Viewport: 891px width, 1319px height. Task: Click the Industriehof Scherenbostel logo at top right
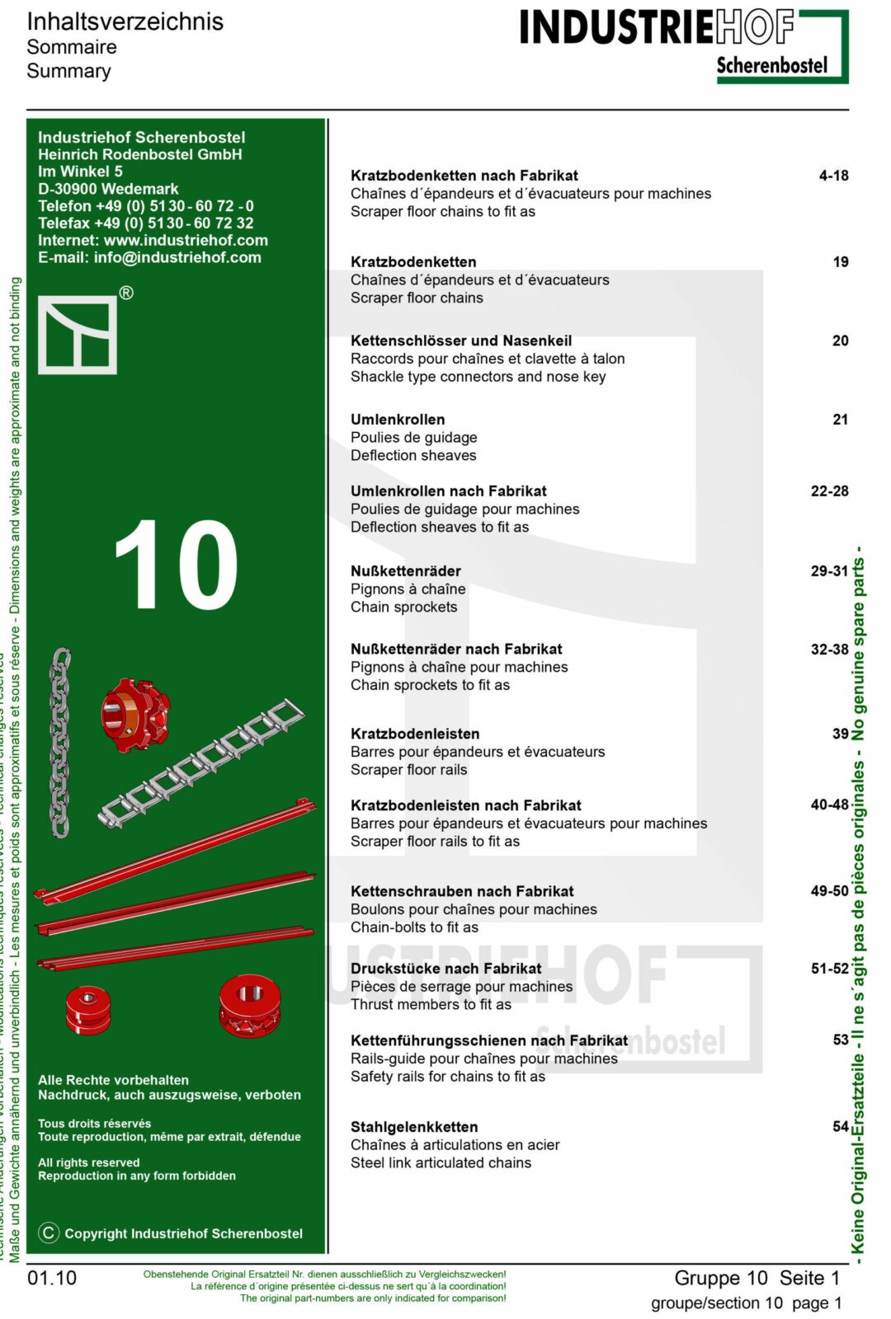683,45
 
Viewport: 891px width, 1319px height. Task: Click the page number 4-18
833,176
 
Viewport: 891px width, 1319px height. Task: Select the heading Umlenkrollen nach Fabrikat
448,491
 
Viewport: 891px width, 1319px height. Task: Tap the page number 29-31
829,570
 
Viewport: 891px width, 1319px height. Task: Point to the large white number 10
177,566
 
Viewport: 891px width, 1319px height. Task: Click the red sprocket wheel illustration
134,714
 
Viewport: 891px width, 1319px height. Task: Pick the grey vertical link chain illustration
60,742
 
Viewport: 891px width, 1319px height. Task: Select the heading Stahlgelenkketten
414,1127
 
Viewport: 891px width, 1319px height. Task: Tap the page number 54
840,1126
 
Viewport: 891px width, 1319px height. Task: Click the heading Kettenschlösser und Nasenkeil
461,340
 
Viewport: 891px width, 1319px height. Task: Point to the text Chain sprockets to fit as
430,685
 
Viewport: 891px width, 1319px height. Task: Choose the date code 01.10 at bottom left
52,1278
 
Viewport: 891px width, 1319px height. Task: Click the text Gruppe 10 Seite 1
757,1278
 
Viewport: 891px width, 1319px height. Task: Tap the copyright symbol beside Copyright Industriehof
49,1232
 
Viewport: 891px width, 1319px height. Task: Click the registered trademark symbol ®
126,293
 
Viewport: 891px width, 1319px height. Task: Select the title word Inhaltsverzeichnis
125,21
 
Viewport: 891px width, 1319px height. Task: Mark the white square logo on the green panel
78,335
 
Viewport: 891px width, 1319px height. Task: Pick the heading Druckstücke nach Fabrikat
446,969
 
